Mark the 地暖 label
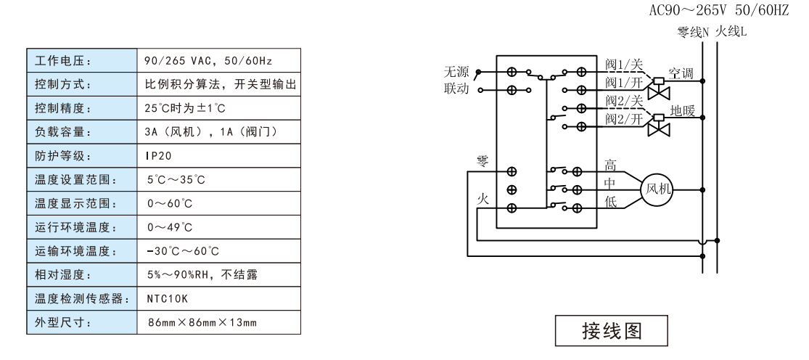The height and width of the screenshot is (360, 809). tap(682, 112)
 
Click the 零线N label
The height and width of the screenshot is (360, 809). tap(690, 33)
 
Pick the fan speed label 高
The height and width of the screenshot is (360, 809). tap(610, 165)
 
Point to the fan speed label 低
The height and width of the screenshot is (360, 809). tap(610, 202)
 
